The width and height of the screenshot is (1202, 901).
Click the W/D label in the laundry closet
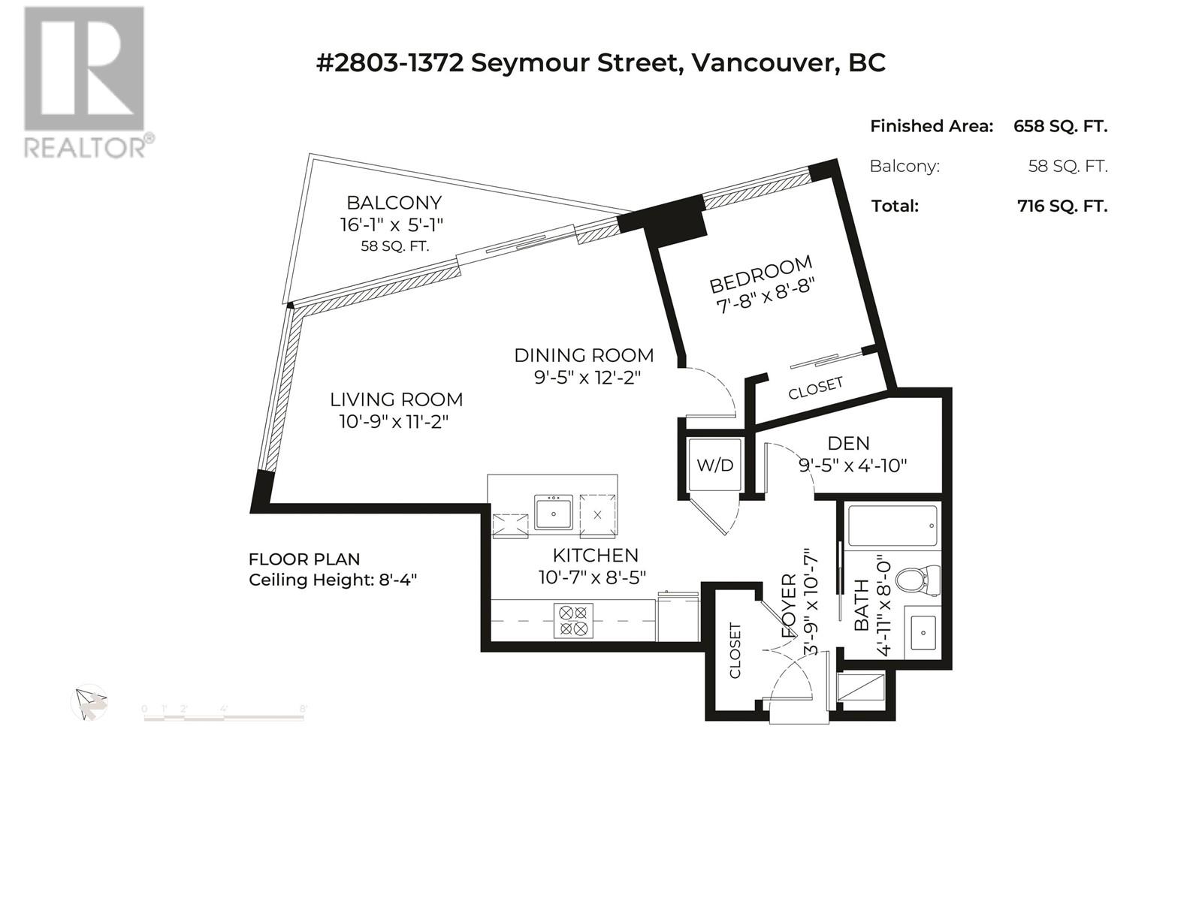click(714, 466)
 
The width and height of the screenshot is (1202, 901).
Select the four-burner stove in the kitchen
click(572, 620)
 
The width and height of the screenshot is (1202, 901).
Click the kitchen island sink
click(553, 513)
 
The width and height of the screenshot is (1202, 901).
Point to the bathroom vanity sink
click(923, 633)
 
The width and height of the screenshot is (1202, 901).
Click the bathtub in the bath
click(892, 525)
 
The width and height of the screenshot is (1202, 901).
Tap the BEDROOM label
click(760, 274)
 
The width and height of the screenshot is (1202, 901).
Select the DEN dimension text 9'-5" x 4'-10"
click(853, 466)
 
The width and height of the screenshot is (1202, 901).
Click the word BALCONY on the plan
click(394, 203)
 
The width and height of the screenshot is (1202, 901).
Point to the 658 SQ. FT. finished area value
click(1060, 126)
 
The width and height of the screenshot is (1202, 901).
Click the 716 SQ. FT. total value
click(1062, 206)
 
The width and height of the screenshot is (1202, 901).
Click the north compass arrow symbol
click(90, 704)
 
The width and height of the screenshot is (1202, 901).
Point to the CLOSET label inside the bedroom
click(815, 388)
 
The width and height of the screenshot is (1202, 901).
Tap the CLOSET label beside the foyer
click(735, 650)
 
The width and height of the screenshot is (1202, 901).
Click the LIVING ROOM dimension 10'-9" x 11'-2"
click(394, 422)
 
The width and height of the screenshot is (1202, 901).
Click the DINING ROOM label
click(584, 356)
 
